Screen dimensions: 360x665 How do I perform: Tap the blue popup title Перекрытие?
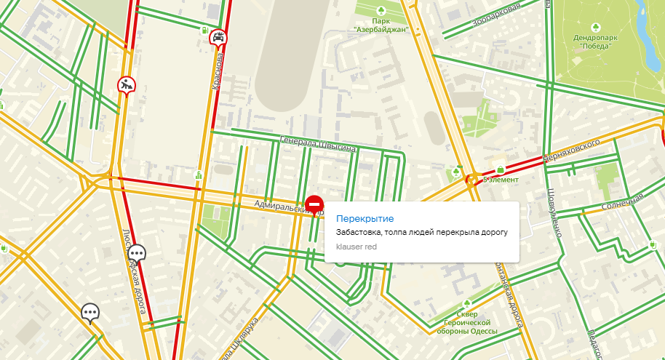[x=365, y=218]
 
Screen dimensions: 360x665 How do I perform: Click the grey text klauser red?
[x=356, y=247]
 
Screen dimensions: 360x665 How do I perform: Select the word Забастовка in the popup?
[x=359, y=232]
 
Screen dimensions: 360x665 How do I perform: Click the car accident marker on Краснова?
[x=217, y=38]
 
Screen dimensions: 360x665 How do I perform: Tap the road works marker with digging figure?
[x=127, y=85]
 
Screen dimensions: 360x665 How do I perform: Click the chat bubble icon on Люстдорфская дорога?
[x=137, y=253]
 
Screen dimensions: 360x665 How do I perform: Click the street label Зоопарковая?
[x=497, y=15]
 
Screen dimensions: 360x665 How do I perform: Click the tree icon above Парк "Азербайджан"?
[x=380, y=9]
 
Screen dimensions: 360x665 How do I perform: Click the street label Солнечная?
[x=624, y=203]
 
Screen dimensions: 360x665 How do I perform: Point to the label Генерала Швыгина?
[x=318, y=144]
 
